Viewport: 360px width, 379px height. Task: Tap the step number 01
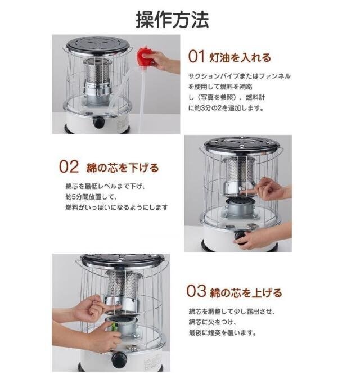196,57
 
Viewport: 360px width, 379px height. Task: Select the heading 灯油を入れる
241,57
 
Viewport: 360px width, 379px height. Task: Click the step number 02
68,167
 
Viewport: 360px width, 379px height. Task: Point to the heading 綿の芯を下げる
122,168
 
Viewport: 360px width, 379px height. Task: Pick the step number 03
196,292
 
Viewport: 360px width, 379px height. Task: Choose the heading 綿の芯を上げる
246,292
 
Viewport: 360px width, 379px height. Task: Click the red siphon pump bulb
145,57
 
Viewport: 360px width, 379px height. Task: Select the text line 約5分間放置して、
90,197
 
